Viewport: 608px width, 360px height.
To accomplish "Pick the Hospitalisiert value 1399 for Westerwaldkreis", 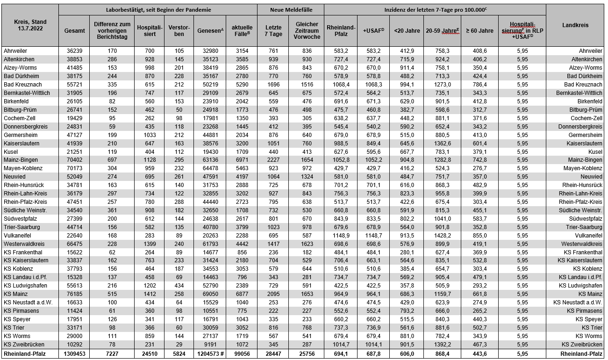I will (150, 244).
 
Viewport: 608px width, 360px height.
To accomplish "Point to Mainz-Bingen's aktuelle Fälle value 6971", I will (241, 159).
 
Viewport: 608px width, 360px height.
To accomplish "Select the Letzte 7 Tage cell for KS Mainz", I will (273, 294).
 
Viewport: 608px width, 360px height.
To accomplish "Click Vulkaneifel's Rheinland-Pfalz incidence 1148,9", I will (340, 235).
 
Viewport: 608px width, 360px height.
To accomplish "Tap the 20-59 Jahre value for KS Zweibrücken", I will (442, 345).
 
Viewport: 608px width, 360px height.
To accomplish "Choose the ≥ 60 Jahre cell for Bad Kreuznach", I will (479, 84).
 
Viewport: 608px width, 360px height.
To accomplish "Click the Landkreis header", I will (575, 25).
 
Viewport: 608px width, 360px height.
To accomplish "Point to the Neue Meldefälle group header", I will (291, 9).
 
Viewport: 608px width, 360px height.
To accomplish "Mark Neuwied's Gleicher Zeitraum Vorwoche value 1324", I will (307, 176).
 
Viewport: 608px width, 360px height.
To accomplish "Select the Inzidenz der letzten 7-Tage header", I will (435, 9).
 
